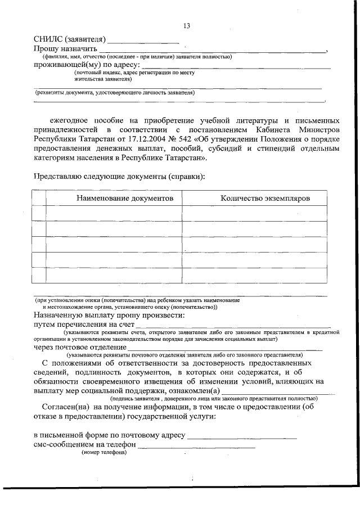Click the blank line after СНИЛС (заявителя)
tap(143, 42)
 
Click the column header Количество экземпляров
tap(265, 198)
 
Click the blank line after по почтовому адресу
tap(242, 436)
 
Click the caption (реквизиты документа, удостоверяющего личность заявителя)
tap(115, 92)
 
